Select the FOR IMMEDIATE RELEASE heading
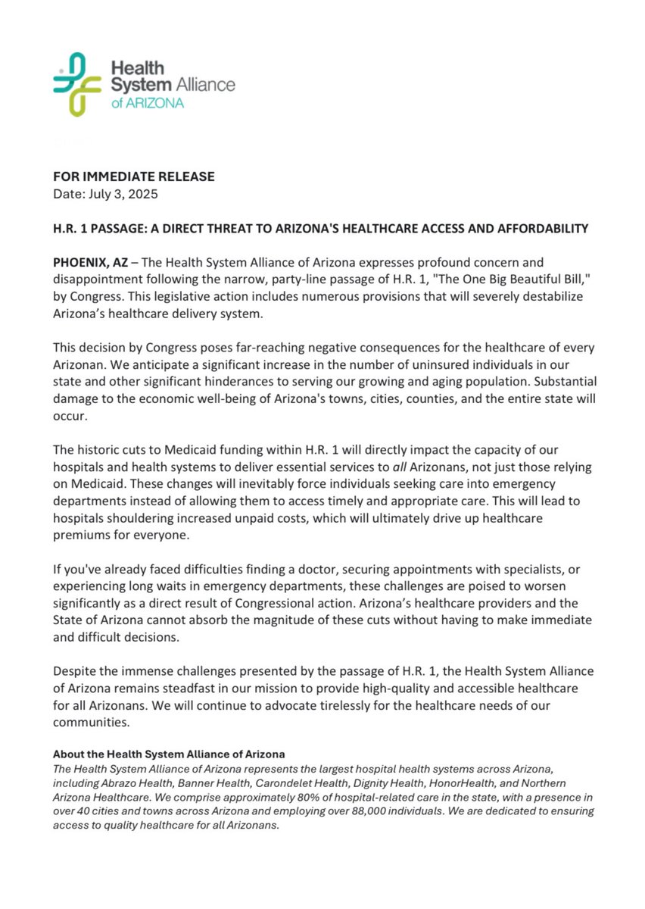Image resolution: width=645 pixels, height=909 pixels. coord(134,176)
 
